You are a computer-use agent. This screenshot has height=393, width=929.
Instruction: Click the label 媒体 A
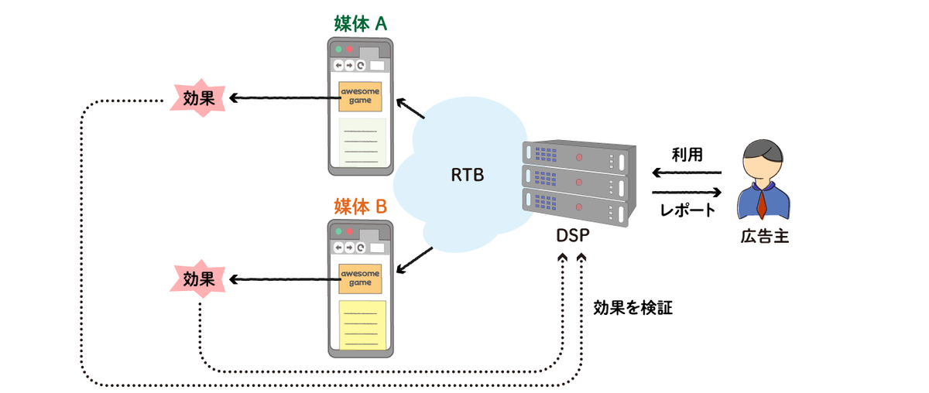[360, 23]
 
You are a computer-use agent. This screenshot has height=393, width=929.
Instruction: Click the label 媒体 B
[360, 207]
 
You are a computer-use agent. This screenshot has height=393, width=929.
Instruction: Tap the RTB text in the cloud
[467, 176]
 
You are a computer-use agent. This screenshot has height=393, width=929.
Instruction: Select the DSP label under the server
[571, 235]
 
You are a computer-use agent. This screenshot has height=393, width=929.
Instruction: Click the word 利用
[687, 154]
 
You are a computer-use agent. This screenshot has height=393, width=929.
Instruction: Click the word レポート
[687, 210]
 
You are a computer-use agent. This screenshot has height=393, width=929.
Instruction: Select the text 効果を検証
[632, 308]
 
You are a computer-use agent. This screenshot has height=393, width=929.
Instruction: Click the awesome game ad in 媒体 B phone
[360, 279]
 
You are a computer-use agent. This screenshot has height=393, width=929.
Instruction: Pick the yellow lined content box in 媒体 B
[362, 326]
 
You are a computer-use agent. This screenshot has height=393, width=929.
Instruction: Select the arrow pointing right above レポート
[687, 192]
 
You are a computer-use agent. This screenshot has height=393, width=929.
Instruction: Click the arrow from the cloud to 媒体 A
[411, 108]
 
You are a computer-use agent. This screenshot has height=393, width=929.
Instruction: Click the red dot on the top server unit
[579, 157]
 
